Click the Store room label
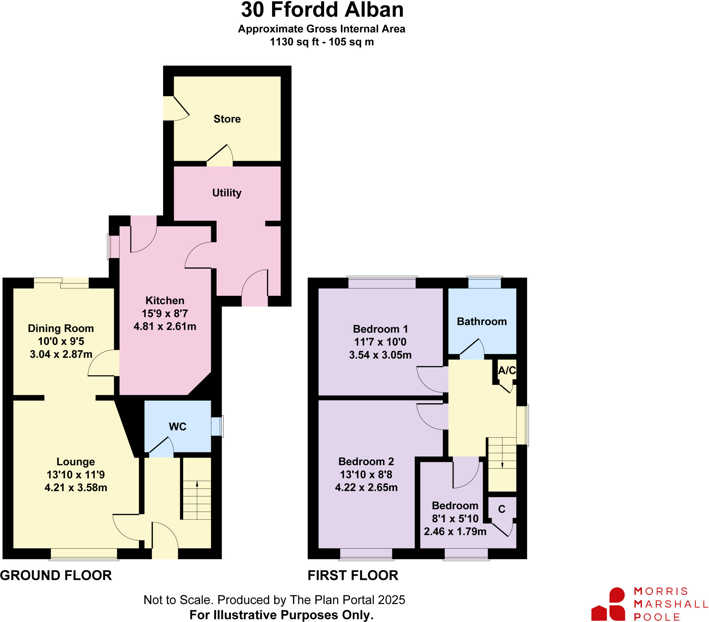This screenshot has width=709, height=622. (227, 119)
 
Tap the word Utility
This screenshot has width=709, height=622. (226, 193)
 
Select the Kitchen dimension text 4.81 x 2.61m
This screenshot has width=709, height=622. (165, 326)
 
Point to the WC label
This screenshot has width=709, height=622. (177, 427)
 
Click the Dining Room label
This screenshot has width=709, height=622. (61, 328)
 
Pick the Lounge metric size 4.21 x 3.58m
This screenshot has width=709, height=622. (75, 487)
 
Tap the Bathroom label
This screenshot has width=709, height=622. (482, 322)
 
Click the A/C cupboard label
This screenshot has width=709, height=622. (507, 370)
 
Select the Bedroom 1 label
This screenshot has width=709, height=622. (380, 329)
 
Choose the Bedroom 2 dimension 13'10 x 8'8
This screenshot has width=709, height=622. (366, 474)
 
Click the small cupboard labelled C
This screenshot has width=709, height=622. (502, 509)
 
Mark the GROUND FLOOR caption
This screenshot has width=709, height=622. (56, 576)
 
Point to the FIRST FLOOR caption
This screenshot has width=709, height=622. (353, 576)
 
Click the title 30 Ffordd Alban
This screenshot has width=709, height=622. (322, 10)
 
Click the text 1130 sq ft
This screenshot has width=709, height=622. (294, 42)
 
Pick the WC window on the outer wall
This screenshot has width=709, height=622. (217, 426)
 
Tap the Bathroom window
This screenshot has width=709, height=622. (484, 282)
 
